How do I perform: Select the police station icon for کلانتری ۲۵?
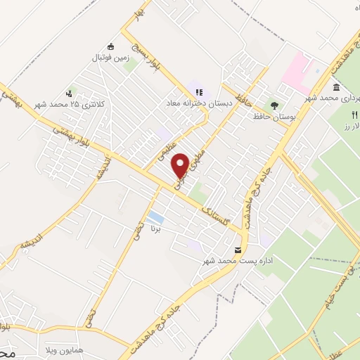(69, 93)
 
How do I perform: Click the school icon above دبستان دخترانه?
(199, 91)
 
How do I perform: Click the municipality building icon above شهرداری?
(336, 87)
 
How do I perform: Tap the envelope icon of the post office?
(238, 250)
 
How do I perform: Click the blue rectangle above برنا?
(156, 217)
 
